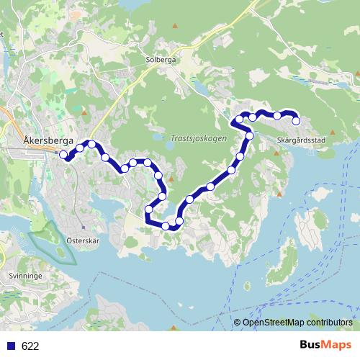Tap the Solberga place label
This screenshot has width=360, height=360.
[x=160, y=60]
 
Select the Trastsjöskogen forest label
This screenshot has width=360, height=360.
[x=199, y=137]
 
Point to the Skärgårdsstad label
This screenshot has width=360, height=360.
[x=301, y=140]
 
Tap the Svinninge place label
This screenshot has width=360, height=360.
[x=26, y=275]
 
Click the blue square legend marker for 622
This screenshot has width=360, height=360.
[x=11, y=346]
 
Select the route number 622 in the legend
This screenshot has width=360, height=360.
[x=30, y=346]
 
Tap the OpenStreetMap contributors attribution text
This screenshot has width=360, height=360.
[x=297, y=323]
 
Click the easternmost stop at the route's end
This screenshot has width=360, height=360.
[x=295, y=121]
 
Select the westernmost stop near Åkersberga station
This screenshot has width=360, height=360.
[x=63, y=154]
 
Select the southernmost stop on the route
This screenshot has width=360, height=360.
[x=166, y=226]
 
